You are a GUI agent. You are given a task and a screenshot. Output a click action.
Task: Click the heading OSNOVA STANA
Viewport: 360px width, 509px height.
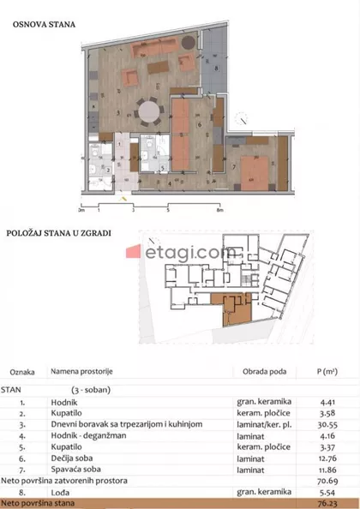tap(44, 24)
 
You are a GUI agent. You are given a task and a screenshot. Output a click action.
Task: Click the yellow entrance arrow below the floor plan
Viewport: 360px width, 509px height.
tap(129, 198)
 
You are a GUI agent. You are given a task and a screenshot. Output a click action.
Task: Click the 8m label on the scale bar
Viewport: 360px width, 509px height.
tap(220, 208)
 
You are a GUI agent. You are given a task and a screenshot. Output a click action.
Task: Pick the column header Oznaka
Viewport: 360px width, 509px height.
tap(22, 374)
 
